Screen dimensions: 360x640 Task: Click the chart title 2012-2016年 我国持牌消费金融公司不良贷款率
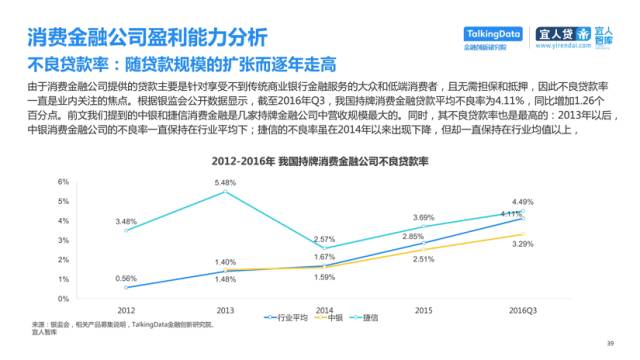tap(319, 161)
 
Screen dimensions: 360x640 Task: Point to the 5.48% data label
tap(226, 182)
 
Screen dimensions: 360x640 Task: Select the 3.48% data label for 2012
tap(125, 221)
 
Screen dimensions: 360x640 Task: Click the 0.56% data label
tap(125, 278)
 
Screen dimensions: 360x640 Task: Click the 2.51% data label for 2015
tap(422, 259)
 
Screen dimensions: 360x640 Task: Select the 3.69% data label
tap(422, 217)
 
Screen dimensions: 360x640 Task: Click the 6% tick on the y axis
tap(62, 182)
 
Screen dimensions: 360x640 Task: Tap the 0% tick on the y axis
tap(62, 298)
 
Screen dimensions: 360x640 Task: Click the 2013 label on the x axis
tap(225, 310)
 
